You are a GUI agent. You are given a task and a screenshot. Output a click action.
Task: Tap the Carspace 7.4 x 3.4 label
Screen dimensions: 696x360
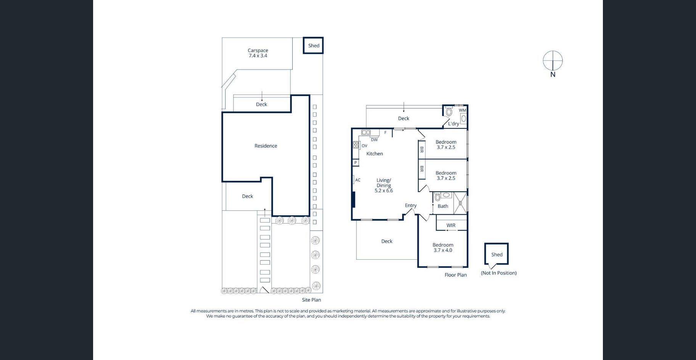pos(258,53)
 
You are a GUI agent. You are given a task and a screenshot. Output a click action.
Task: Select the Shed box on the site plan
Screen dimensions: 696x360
pos(313,45)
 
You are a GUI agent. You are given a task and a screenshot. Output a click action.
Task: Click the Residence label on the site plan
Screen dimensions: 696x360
pos(266,146)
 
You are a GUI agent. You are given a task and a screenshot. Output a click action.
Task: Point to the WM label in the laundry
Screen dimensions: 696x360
pos(462,110)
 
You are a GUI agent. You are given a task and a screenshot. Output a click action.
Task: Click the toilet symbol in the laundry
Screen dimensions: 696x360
pos(449,112)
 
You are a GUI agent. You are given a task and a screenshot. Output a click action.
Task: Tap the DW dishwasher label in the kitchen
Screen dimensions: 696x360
pos(374,140)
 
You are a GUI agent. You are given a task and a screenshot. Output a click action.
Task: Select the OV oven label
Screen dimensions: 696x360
pos(364,146)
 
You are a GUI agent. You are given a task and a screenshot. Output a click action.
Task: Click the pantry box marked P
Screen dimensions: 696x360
pos(356,162)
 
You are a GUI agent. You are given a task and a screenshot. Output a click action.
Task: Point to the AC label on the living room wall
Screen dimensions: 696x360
pos(358,180)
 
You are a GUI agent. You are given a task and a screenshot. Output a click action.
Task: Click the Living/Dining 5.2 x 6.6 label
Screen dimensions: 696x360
pos(383,185)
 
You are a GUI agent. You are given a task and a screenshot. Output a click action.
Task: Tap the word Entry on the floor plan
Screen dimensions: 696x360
pos(411,206)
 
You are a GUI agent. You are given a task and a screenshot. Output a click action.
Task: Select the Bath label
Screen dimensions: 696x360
pos(443,206)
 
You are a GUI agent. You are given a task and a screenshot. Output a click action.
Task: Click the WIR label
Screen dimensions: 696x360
pos(451,225)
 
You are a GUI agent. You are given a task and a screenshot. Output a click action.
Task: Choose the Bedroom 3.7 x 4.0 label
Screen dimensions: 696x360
pos(443,247)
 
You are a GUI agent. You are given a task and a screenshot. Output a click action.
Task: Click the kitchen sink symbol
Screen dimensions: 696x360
pos(366,132)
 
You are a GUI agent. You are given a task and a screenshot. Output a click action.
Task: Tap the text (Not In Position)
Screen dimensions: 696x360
pos(498,273)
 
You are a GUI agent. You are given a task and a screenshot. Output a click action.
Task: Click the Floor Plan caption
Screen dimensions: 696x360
pos(456,275)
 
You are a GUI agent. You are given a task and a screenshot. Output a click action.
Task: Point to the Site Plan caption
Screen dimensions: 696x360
pos(311,300)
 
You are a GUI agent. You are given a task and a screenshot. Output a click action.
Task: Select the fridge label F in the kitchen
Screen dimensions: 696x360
pos(385,133)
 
